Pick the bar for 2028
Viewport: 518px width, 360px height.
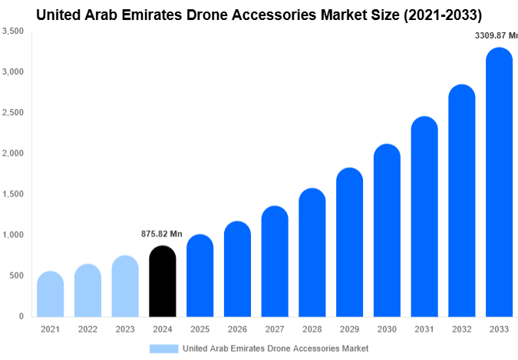[x=312, y=253]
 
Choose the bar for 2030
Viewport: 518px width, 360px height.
[x=387, y=230]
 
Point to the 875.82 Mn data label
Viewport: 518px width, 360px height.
[x=162, y=234]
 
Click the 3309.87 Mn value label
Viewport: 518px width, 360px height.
[x=497, y=35]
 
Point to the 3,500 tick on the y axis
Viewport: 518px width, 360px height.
[x=13, y=31]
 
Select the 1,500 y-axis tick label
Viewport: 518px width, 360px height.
[x=13, y=194]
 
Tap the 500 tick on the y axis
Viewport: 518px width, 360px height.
[x=16, y=276]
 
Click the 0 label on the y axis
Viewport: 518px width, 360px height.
[x=21, y=316]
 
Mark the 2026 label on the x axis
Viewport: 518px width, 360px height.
[x=237, y=329]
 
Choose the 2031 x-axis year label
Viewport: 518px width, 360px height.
[x=424, y=329]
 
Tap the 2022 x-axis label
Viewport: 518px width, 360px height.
[x=87, y=329]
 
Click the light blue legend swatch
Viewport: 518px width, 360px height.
[x=163, y=348]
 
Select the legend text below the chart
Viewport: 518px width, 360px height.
[x=275, y=348]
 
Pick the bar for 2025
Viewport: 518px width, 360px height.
[x=200, y=276]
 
